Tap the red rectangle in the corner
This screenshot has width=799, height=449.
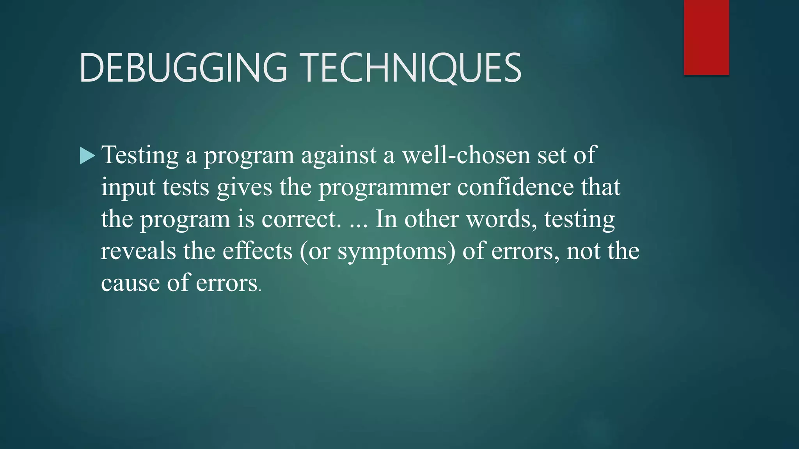point(706,37)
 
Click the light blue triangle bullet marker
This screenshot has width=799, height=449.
point(87,156)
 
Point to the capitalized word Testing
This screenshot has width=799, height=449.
point(140,156)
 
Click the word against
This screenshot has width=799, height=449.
point(339,156)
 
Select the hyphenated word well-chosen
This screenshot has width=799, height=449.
point(466,155)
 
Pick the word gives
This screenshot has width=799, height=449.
point(244,187)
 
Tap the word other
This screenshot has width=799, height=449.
point(431,219)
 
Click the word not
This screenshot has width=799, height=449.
point(583,251)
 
